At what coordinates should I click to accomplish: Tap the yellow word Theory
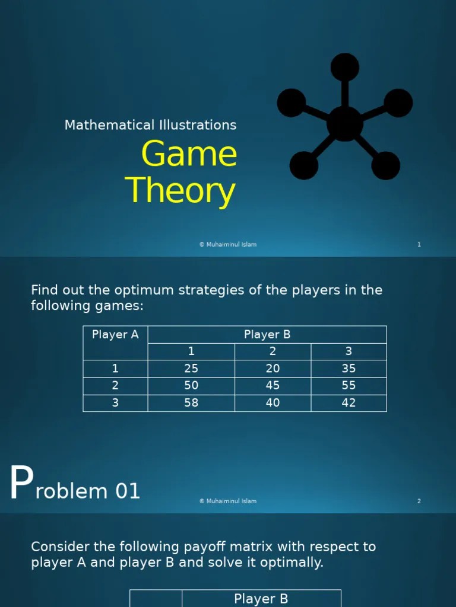pos(180,191)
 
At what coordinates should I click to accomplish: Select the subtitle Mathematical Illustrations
pos(150,125)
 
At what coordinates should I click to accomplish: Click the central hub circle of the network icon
pos(344,123)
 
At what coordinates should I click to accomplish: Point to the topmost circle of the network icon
pos(344,67)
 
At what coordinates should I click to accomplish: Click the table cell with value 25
pos(191,368)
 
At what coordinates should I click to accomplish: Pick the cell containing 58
pos(191,402)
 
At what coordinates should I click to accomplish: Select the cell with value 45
pos(273,385)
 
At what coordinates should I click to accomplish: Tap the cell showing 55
pos(349,385)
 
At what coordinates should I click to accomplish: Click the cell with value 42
pos(349,402)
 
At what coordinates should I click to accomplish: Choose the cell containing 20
pos(273,368)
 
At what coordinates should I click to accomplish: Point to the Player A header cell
pos(115,334)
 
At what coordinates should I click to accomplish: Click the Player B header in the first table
pos(267,334)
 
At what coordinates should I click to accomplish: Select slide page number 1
pos(419,244)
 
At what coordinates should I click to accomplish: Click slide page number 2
pos(419,501)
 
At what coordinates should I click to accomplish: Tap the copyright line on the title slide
pos(228,244)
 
